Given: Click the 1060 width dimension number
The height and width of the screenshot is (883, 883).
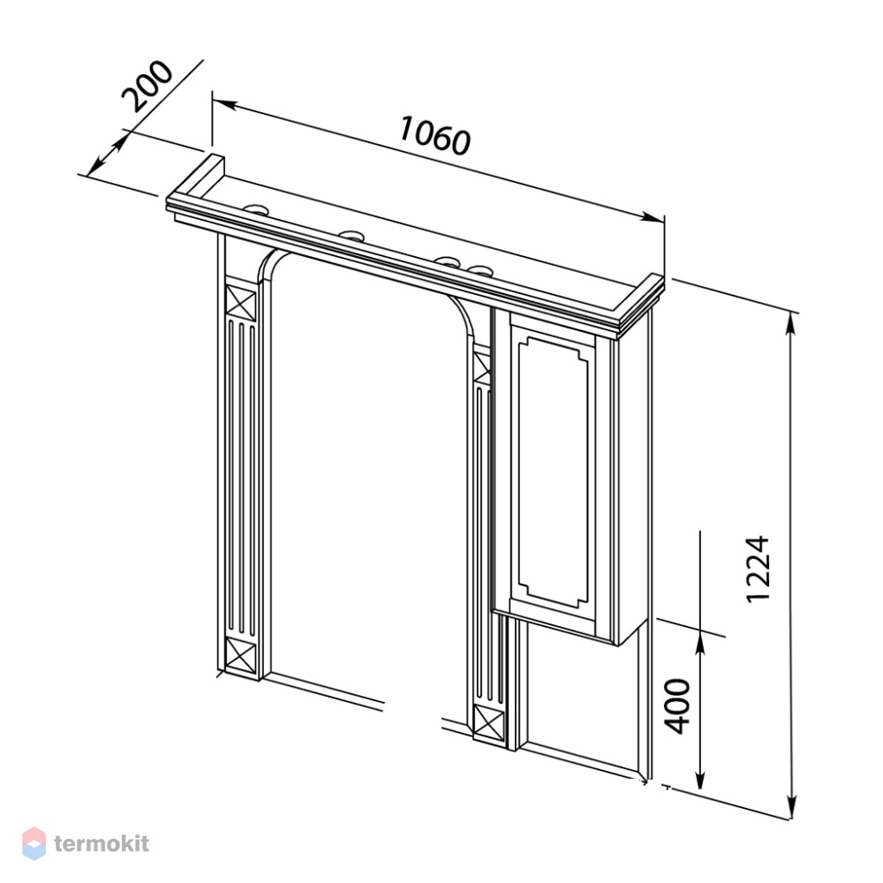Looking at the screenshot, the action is [x=434, y=135].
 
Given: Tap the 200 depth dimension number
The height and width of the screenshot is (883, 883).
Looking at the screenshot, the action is [x=147, y=86].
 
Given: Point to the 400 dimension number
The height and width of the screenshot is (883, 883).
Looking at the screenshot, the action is [x=677, y=706].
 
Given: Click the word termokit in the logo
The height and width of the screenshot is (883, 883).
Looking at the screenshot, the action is [x=102, y=843].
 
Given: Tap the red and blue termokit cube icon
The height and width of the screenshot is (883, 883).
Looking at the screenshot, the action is [x=34, y=843].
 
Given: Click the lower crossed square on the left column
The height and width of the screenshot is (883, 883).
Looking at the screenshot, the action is [x=240, y=653].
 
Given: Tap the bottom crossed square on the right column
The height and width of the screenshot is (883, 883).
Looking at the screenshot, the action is [x=490, y=721].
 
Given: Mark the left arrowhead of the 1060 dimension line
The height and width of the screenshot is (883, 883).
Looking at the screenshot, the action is [x=223, y=104].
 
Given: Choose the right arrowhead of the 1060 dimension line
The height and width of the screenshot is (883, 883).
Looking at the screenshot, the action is [x=653, y=217].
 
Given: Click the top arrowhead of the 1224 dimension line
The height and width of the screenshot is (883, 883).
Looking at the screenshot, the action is [x=792, y=325].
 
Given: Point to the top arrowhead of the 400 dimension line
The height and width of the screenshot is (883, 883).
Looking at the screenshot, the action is [x=699, y=643].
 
